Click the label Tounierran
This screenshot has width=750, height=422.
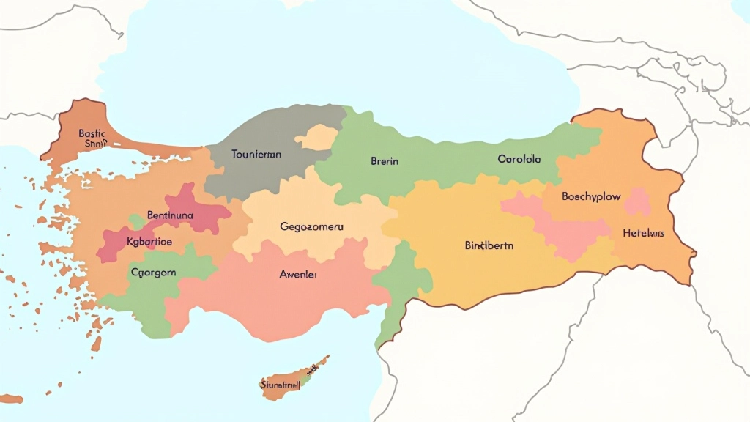tap(256, 155)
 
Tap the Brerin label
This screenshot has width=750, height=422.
tap(385, 161)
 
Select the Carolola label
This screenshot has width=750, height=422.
tap(519, 158)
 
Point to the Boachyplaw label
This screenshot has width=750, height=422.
tap(591, 196)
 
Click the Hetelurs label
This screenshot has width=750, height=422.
tap(643, 233)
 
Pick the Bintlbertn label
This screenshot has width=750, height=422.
tap(489, 245)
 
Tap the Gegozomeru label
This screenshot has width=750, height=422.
tap(311, 226)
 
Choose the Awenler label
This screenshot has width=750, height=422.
tap(298, 274)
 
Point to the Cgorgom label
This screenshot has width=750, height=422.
tap(153, 272)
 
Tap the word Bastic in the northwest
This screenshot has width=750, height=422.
tap(92, 133)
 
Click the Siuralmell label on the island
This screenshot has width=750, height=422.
tap(279, 384)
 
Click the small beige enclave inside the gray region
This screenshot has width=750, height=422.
tap(316, 137)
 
